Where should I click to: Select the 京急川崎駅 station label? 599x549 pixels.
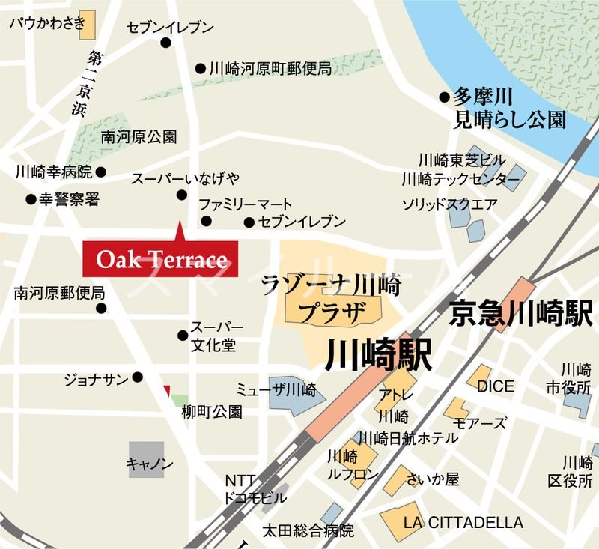point(521,312)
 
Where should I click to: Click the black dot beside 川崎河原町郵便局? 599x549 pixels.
point(200,69)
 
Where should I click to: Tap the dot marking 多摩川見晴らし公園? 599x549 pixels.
point(445,97)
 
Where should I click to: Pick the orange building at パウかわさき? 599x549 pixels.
point(88,25)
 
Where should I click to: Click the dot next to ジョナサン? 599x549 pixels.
point(138,377)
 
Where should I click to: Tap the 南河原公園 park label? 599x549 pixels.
point(139,137)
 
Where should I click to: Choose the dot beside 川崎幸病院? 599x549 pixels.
point(101,172)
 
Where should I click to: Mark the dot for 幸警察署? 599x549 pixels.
point(31,200)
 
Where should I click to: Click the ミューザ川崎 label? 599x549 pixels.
point(276,389)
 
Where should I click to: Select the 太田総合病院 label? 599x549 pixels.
point(308,530)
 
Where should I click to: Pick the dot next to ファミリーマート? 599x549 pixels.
point(206,221)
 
